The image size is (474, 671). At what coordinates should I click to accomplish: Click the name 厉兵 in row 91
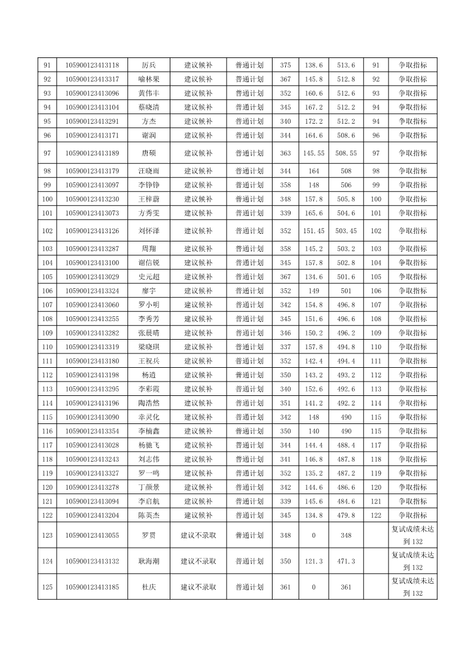pos(149,65)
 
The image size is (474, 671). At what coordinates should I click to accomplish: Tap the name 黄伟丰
pos(149,93)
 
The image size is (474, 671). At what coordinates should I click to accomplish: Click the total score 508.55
pos(346,153)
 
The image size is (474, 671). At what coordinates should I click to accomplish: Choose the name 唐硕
pos(149,153)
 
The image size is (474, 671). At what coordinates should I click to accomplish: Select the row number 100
pos(47,199)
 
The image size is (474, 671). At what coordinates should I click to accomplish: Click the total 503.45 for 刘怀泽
pos(346,231)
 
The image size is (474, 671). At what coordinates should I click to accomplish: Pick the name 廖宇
pos(149,291)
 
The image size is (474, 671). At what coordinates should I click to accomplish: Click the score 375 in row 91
pos(286,65)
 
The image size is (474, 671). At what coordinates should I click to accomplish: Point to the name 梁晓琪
pos(149,347)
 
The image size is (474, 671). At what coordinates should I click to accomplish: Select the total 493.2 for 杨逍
pos(346,375)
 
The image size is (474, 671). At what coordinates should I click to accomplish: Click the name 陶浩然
pos(149,403)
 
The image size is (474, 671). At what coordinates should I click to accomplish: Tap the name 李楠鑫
pos(149,431)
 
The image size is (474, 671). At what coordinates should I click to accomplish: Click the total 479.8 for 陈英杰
pos(346,515)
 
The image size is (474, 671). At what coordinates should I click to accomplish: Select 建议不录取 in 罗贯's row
pos(198,535)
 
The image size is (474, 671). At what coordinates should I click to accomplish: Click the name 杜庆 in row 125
pos(149,587)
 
